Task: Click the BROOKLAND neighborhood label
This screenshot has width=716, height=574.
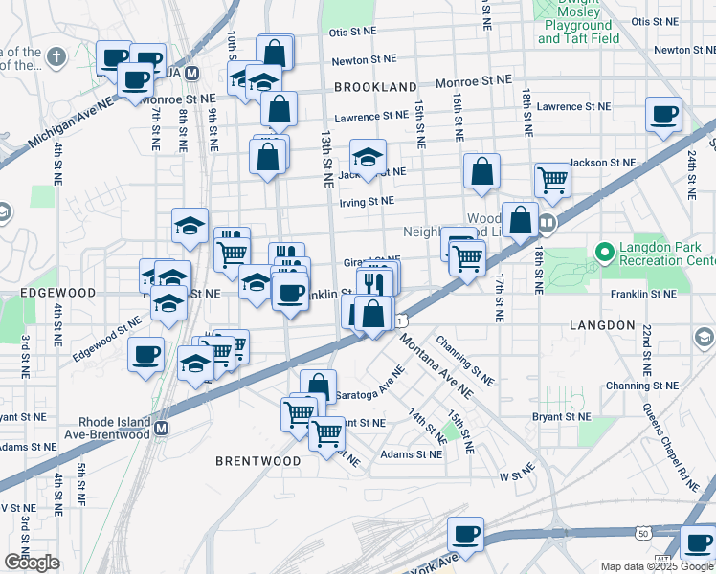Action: pyautogui.click(x=375, y=87)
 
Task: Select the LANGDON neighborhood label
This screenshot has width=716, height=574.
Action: pyautogui.click(x=602, y=325)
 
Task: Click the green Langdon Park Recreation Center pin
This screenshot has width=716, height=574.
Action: pyautogui.click(x=603, y=254)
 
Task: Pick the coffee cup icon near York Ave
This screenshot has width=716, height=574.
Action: pyautogui.click(x=465, y=534)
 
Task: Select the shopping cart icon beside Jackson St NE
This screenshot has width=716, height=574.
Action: pyautogui.click(x=552, y=178)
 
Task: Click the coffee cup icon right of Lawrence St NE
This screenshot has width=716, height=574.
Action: pyautogui.click(x=663, y=115)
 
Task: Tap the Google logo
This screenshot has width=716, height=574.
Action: pyautogui.click(x=32, y=563)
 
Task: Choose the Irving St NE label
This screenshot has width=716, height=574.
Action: pyautogui.click(x=366, y=201)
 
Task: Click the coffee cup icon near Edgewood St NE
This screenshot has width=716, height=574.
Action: pyautogui.click(x=146, y=354)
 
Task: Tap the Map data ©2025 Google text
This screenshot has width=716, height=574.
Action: pyautogui.click(x=657, y=566)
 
